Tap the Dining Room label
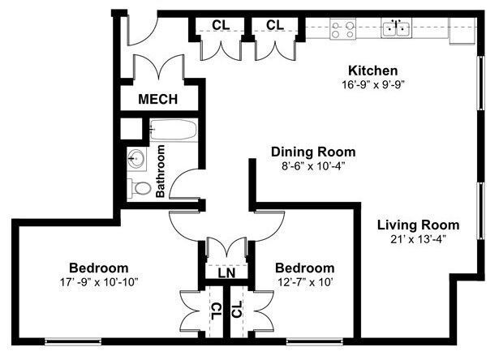pyautogui.click(x=313, y=152)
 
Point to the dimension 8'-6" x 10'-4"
pyautogui.click(x=313, y=165)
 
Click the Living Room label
pyautogui.click(x=418, y=225)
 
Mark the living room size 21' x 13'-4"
pyautogui.click(x=418, y=238)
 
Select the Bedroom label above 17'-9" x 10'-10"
pyautogui.click(x=98, y=268)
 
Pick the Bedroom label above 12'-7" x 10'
pyautogui.click(x=304, y=268)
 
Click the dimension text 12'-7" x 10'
pyautogui.click(x=304, y=282)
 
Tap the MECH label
pyautogui.click(x=157, y=100)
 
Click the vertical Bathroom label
pyautogui.click(x=161, y=170)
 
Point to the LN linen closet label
pyautogui.click(x=226, y=273)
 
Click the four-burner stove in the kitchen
pyautogui.click(x=342, y=29)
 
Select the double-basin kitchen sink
pyautogui.click(x=397, y=29)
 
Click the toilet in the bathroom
pyautogui.click(x=140, y=188)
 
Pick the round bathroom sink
pyautogui.click(x=136, y=157)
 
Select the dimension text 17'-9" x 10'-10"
pyautogui.click(x=98, y=282)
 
